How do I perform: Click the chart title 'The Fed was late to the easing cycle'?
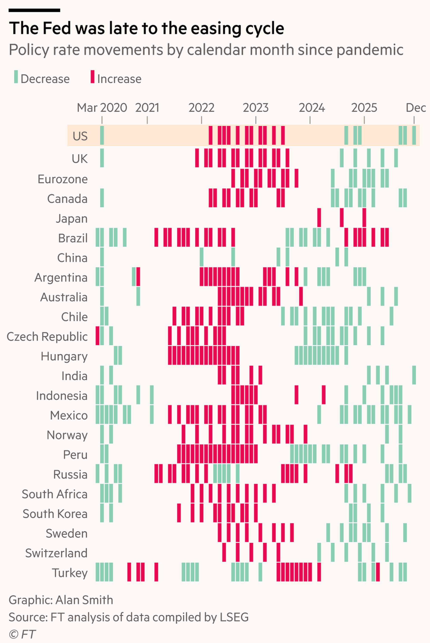coord(146,28)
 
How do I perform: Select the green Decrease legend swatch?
coord(16,77)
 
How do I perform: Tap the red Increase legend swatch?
coord(93,77)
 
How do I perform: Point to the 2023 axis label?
coord(255,108)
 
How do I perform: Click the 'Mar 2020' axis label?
coord(102,108)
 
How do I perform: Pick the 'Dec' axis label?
coord(415,108)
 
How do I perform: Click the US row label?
coord(80,136)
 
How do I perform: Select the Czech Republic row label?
coord(47,336)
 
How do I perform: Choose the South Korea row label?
coord(55,514)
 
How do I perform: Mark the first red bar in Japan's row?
coord(319,218)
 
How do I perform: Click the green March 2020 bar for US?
coord(102,135)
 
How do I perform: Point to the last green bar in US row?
coord(414,135)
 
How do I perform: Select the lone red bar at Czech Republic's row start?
coord(97,335)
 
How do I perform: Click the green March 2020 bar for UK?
coord(102,158)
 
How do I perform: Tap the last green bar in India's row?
coord(414,375)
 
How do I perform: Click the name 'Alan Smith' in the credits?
coord(84,600)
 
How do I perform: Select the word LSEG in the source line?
coord(234,617)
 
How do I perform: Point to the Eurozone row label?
coord(63,179)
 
